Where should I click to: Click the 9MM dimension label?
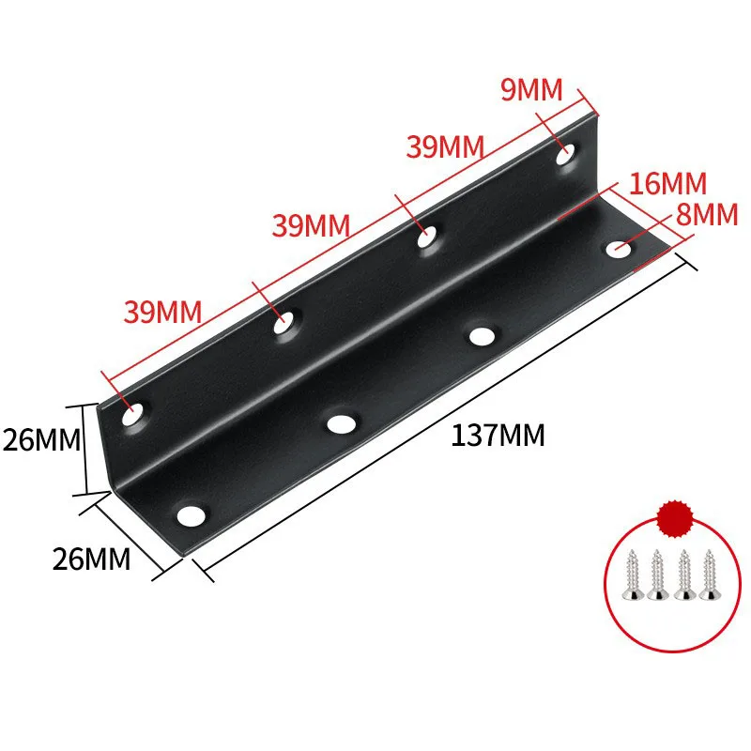(x=530, y=91)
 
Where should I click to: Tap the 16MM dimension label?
(x=668, y=184)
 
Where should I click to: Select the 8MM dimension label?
(x=707, y=215)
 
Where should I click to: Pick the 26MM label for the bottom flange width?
(x=91, y=559)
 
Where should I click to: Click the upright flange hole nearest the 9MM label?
(x=566, y=155)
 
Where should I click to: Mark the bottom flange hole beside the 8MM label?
(x=619, y=251)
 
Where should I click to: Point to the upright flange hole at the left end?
(x=134, y=412)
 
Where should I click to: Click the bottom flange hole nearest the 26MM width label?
(x=192, y=515)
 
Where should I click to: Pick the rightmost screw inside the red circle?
(x=708, y=575)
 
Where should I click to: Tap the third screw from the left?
(x=683, y=575)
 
